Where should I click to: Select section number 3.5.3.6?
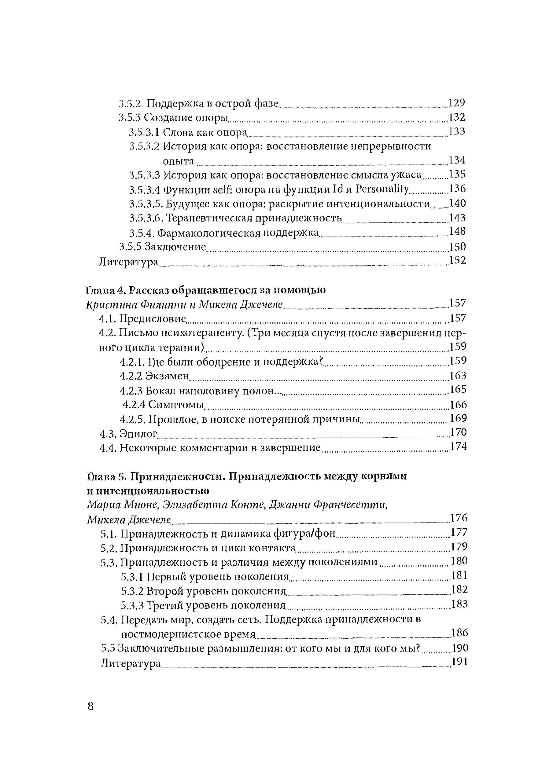coord(146,218)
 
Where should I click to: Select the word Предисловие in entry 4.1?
coord(153,319)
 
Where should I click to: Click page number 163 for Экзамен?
coord(458,376)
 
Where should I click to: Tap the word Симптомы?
coord(176,405)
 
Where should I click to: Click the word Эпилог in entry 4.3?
coord(138,434)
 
